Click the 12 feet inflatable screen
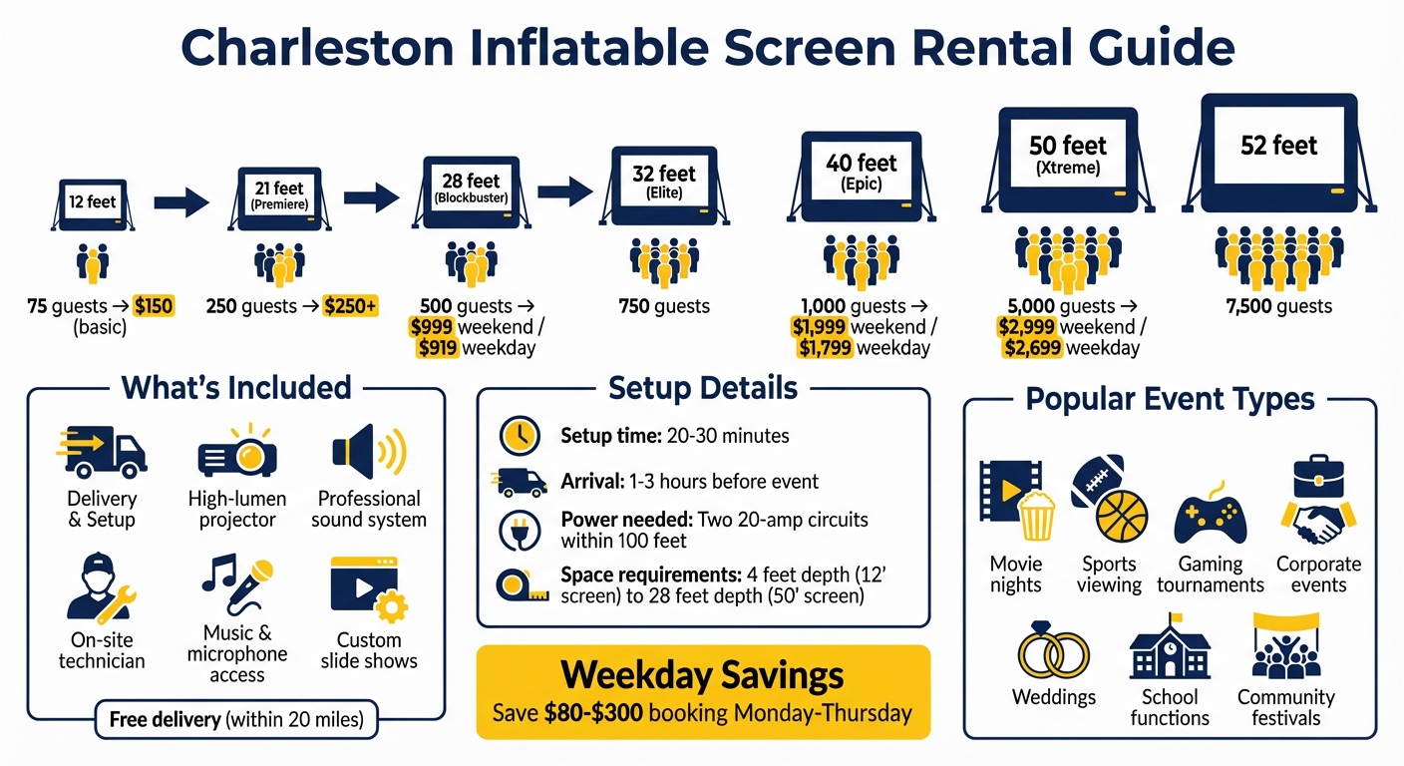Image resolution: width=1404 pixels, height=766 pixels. coord(93,204)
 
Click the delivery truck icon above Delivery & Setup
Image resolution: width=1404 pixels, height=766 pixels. coord(102,451)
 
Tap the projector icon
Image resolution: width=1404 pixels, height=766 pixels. coord(237,453)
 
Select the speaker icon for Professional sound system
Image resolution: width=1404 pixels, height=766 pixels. coord(368,452)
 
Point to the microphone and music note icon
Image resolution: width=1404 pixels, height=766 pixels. coord(237,584)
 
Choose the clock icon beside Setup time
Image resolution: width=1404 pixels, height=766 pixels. coord(519,436)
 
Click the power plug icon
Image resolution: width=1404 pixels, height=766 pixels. coord(519,531)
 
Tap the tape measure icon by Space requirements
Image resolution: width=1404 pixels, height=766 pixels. coord(519,585)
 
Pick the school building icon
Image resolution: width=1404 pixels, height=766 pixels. coord(1170,648)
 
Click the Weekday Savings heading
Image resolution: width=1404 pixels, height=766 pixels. coord(703,675)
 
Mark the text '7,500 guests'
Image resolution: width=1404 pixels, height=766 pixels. coord(1279,306)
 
